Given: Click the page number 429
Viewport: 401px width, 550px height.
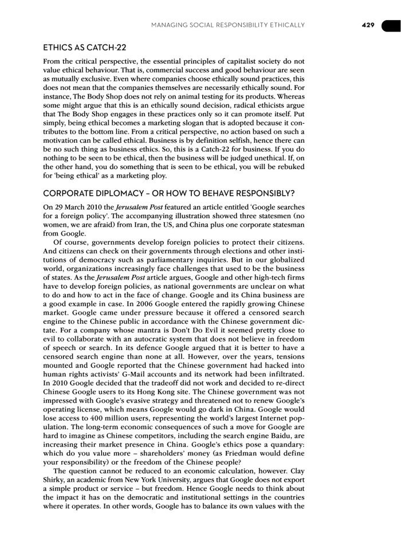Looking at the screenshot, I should [368, 25].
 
